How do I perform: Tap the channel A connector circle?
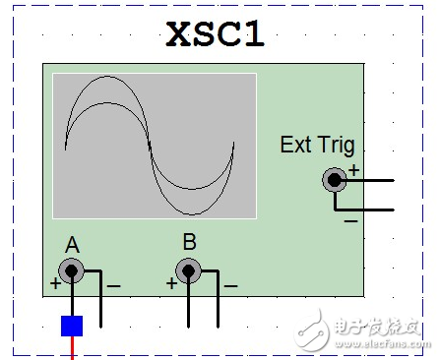click(71, 270)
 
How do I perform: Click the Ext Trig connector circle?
click(335, 180)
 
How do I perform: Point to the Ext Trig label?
click(316, 146)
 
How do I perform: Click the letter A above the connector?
click(72, 244)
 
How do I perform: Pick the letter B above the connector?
click(189, 242)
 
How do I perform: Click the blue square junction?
click(72, 325)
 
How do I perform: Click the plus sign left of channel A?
click(54, 284)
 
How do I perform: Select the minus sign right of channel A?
click(113, 285)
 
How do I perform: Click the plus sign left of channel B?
click(171, 284)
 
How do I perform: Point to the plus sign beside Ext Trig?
click(353, 170)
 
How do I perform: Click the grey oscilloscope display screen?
click(154, 145)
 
